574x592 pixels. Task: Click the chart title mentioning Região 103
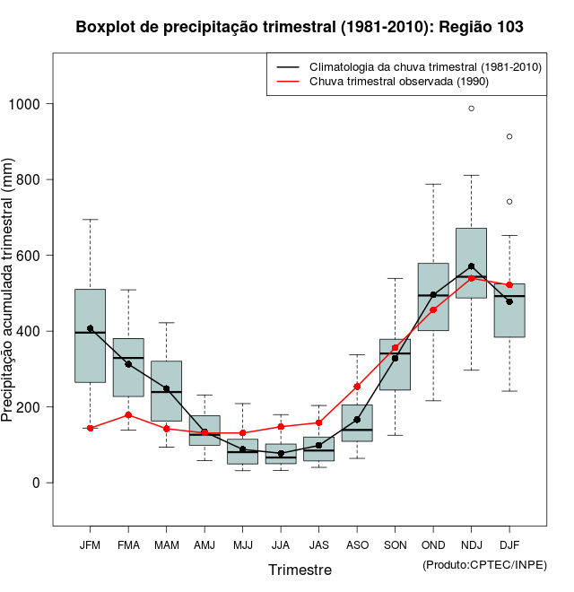click(x=300, y=27)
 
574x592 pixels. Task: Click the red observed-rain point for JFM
click(x=90, y=428)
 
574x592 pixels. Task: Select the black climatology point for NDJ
click(x=471, y=266)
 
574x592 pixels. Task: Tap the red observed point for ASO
click(x=357, y=387)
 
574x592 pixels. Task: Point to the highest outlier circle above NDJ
click(x=471, y=109)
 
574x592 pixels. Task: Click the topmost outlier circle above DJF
click(x=509, y=136)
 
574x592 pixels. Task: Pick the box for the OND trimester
click(x=433, y=297)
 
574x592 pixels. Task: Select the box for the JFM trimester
click(x=90, y=335)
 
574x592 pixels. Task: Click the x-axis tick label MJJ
click(x=242, y=545)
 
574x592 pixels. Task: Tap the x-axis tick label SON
click(x=395, y=545)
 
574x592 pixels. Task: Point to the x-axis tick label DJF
click(x=509, y=545)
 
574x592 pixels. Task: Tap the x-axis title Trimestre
click(x=300, y=570)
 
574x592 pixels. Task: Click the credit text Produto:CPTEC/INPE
click(x=484, y=564)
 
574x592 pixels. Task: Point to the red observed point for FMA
click(x=128, y=415)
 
